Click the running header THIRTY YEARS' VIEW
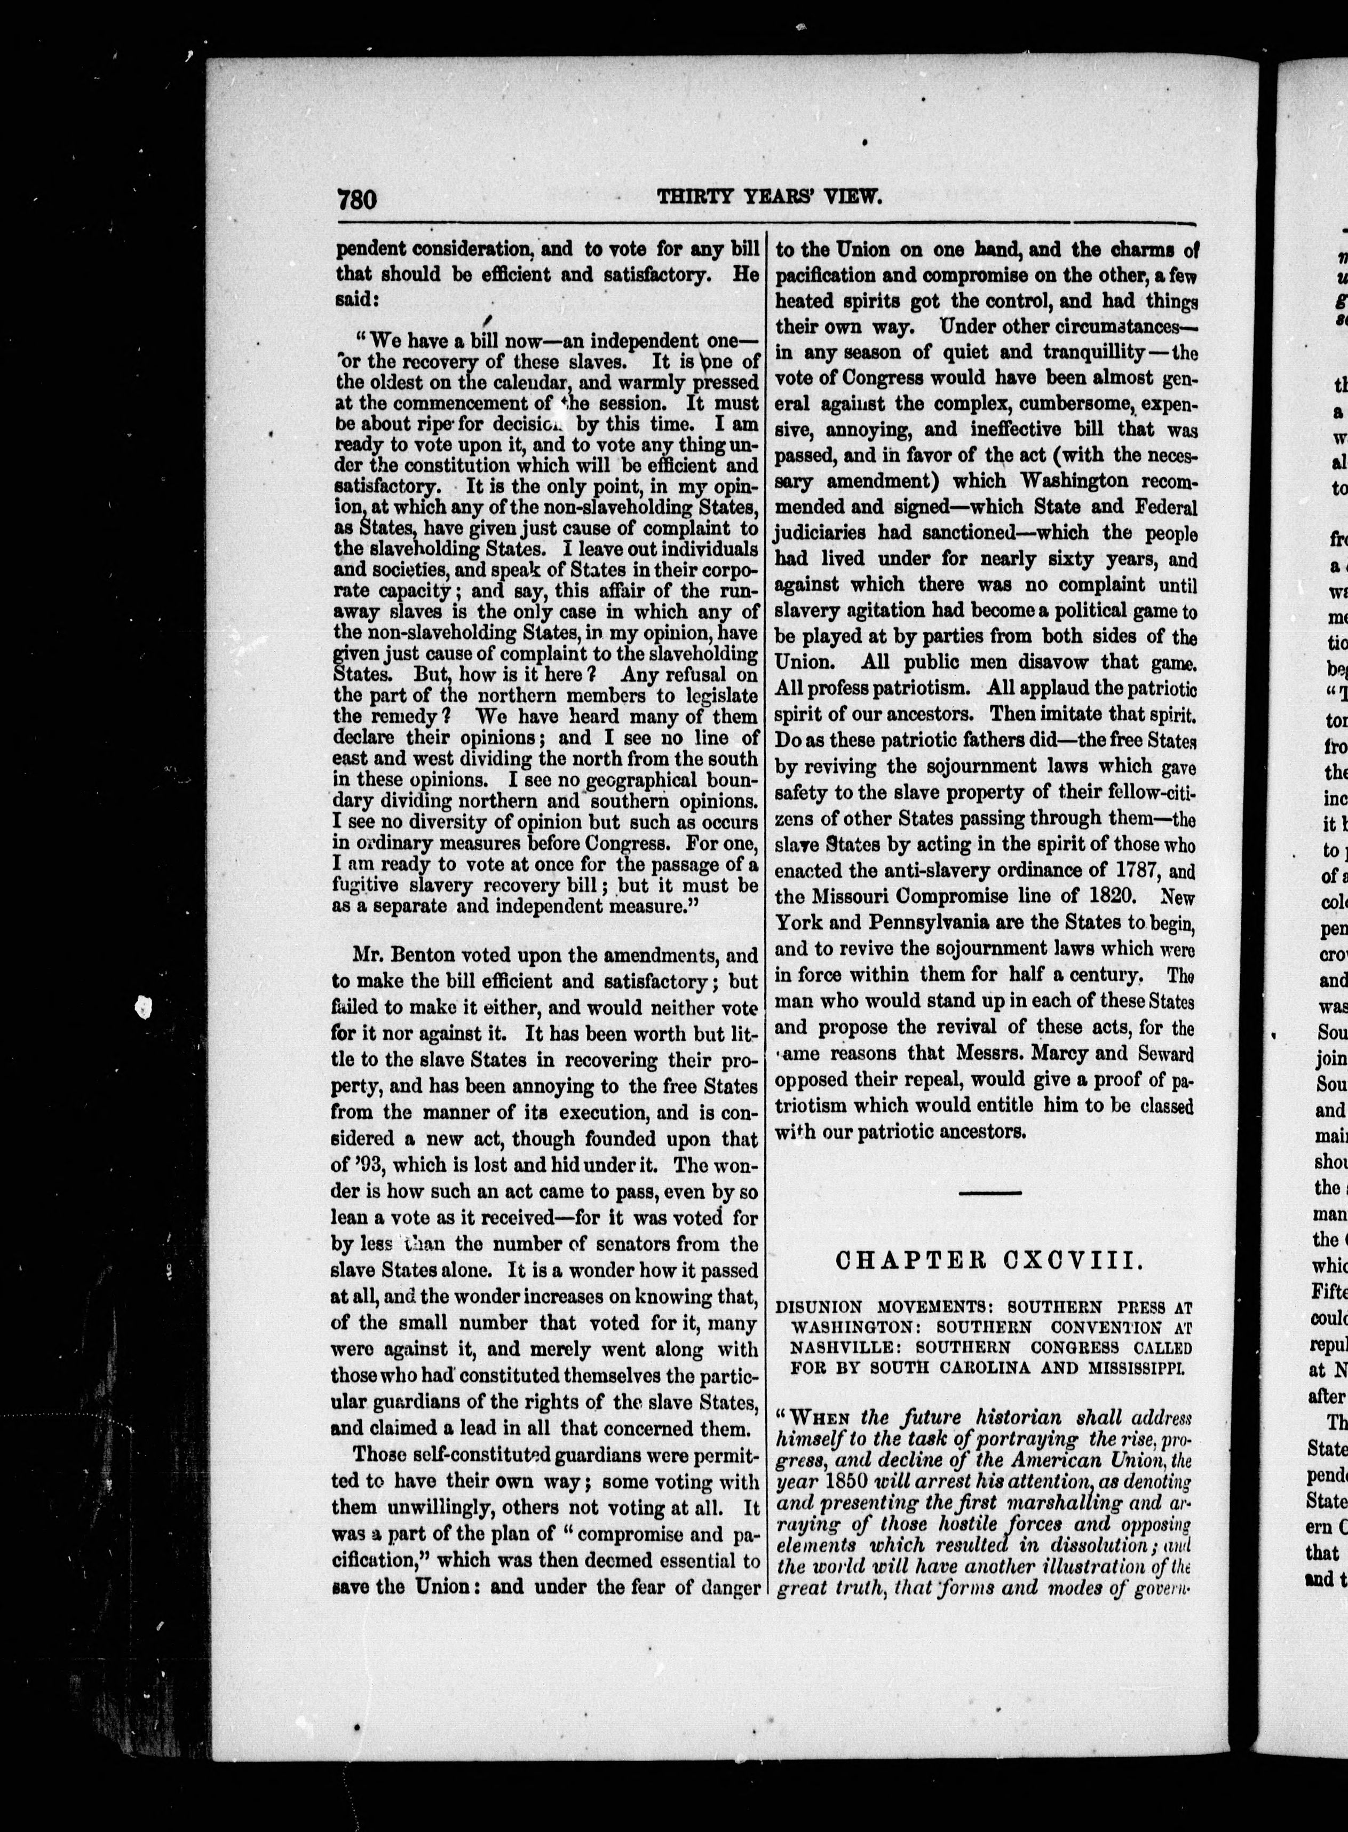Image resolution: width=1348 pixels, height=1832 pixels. pos(770,196)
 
